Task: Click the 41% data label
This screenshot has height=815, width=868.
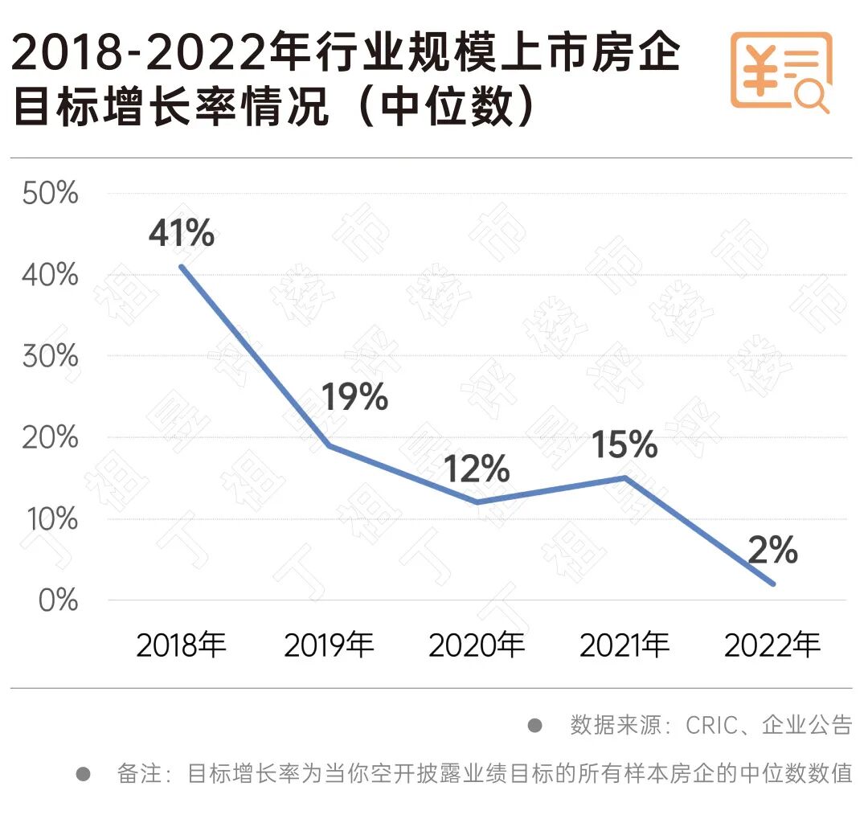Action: point(182,234)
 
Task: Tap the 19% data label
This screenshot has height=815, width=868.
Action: point(354,397)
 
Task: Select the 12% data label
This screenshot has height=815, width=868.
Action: point(477,469)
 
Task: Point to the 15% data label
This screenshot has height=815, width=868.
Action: point(624,444)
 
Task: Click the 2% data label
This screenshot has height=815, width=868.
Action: point(772,551)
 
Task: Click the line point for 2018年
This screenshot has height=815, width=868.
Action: point(182,266)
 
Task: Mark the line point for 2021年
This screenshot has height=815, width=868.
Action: point(625,477)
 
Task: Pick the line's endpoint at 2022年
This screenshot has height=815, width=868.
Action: point(773,584)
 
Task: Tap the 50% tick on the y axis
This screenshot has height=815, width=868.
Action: point(50,194)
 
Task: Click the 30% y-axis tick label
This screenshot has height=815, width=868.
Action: point(50,356)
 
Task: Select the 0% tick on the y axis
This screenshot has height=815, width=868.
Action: point(58,600)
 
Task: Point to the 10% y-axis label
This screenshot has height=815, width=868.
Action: point(50,519)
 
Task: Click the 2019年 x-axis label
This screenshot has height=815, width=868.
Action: point(329,645)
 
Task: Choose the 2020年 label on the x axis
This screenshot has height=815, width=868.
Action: point(477,645)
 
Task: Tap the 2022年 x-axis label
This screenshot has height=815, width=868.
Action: point(772,645)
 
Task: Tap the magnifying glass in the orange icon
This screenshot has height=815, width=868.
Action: point(810,96)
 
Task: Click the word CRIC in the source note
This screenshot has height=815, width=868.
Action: point(710,726)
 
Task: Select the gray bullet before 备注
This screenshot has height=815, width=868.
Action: point(83,775)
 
